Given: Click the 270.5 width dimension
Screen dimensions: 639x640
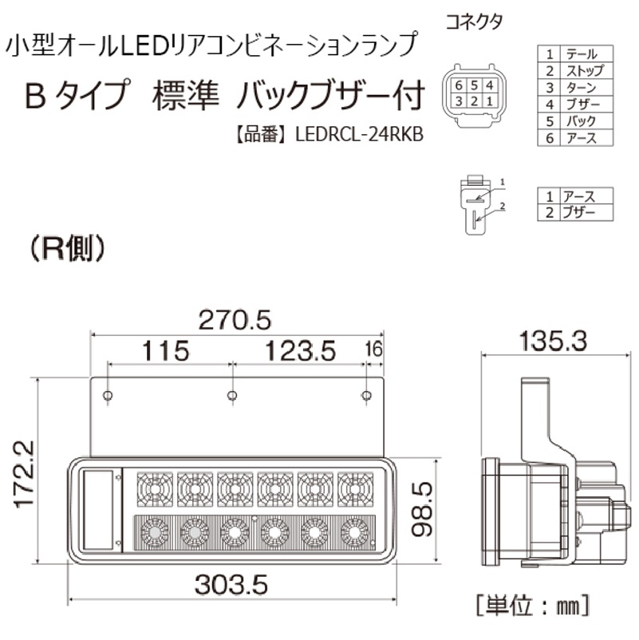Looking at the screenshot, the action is pos(235,320).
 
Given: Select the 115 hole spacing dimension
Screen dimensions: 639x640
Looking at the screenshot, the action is pos(166,350).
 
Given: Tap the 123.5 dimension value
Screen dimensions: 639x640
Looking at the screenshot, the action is pos(300,350).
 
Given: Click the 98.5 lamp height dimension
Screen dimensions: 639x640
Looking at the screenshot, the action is pos(422,509).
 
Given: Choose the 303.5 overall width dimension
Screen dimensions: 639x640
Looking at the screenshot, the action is pos(231,584).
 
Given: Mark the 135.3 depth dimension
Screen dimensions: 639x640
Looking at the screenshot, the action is pos(554,341).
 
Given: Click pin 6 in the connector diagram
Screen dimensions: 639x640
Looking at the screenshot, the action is pos(459,85).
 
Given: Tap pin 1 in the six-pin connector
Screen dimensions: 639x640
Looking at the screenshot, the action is pos(489,101).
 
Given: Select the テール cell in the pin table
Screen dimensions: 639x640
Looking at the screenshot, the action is pos(581,54).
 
